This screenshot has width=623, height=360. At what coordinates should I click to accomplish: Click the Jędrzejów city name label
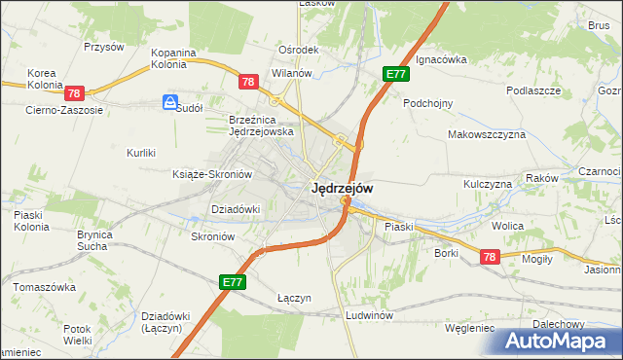coord(341,188)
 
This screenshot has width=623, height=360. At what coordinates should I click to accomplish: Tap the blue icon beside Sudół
coord(170,101)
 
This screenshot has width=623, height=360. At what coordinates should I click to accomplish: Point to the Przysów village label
coord(104,47)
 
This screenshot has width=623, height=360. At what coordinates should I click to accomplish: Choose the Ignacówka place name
coord(441,59)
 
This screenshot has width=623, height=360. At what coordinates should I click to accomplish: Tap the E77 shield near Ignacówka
coord(394,75)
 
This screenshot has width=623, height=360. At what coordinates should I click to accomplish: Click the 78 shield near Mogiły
coord(489,256)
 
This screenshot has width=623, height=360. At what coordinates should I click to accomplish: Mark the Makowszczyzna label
coord(486,134)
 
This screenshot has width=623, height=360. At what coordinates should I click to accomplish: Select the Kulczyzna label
coord(488,184)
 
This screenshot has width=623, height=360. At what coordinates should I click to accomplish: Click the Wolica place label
coord(507,226)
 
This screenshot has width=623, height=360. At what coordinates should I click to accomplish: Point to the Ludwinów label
coord(369,316)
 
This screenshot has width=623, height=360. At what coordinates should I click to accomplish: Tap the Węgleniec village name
coord(469,329)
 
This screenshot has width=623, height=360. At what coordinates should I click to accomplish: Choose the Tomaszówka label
coord(44,288)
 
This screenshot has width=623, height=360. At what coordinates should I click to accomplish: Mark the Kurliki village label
coord(142,153)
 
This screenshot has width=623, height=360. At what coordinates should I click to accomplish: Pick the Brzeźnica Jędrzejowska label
coord(261,125)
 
